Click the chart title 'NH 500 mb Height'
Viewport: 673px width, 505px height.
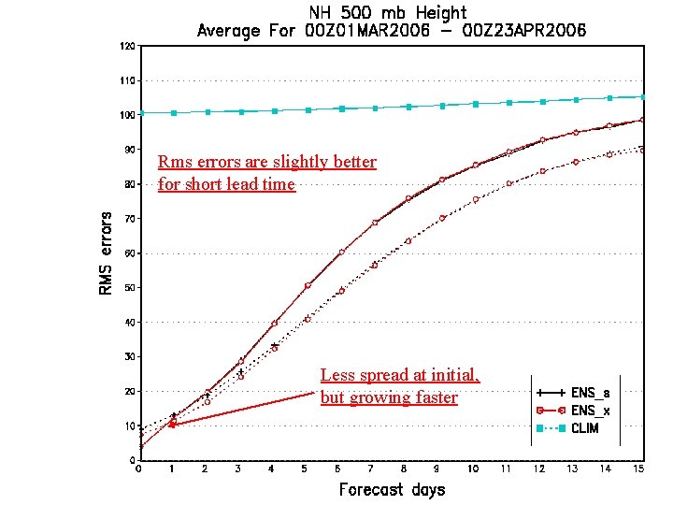click(391, 12)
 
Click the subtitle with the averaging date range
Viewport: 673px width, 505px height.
click(391, 31)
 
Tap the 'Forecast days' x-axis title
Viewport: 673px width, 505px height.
click(392, 489)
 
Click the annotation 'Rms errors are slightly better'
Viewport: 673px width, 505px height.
click(267, 162)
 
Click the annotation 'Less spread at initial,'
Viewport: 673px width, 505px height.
click(399, 375)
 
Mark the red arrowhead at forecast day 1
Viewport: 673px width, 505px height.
click(172, 424)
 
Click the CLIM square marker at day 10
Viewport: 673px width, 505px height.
click(475, 104)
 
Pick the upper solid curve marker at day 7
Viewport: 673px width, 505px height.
click(375, 223)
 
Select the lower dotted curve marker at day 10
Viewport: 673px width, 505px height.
click(475, 199)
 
